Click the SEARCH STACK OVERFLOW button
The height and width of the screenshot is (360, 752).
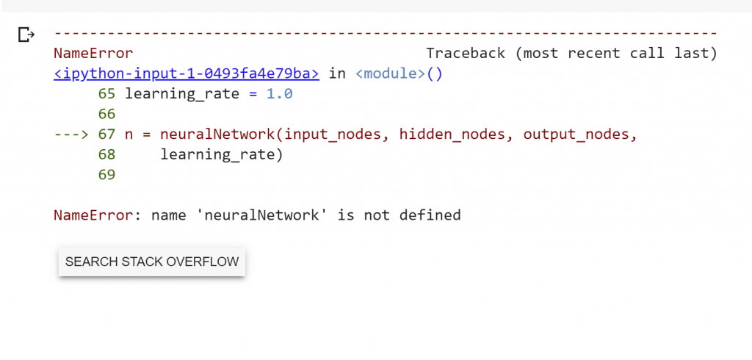pos(151,262)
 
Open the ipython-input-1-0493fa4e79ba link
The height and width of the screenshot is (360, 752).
pos(187,73)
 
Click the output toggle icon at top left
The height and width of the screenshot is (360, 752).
pos(26,35)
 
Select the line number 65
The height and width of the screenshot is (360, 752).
pos(106,94)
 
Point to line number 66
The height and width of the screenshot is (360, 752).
pos(106,115)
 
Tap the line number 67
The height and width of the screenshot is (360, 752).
pos(106,134)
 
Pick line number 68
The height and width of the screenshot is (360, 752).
pos(106,155)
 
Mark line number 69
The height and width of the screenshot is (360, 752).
pos(106,175)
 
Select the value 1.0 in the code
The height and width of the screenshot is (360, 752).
pos(280,94)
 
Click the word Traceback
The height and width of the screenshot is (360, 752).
pos(466,54)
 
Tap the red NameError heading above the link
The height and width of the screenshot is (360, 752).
pos(93,54)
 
